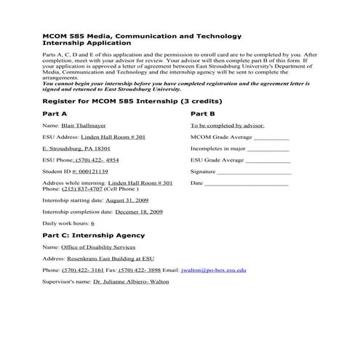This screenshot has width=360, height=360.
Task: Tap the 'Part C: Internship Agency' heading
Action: point(93,235)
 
